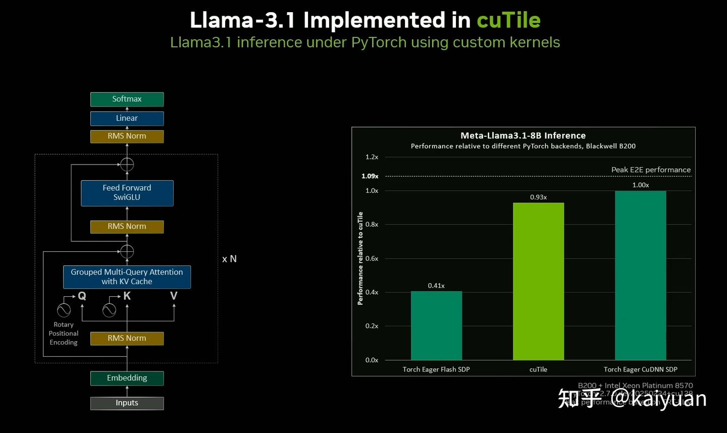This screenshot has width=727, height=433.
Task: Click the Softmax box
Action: pos(127,99)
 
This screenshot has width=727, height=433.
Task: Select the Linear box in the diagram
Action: pos(127,119)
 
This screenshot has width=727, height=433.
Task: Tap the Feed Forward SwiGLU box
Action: pos(127,193)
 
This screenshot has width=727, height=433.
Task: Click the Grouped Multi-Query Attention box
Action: pos(127,277)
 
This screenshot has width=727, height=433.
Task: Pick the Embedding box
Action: pos(127,378)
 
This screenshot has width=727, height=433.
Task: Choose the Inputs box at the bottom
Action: pos(127,403)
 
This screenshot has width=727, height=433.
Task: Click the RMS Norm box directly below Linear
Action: pos(127,136)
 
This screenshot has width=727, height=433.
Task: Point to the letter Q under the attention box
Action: pos(82,296)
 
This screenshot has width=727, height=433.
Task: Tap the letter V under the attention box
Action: pos(174,296)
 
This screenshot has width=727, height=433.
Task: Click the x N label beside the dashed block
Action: pos(229,259)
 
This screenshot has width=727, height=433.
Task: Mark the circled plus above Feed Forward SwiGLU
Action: pos(127,165)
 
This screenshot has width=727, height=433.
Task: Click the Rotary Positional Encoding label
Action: pos(64,334)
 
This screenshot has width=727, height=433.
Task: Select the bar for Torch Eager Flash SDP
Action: pos(436,326)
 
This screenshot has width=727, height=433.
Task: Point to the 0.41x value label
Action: pos(436,286)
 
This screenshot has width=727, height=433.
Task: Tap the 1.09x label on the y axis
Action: pos(370,176)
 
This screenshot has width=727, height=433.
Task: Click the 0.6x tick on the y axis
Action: pos(372,258)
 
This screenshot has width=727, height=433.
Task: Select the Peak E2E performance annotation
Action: pos(651,170)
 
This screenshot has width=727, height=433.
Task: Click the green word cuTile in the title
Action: pos(508,20)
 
